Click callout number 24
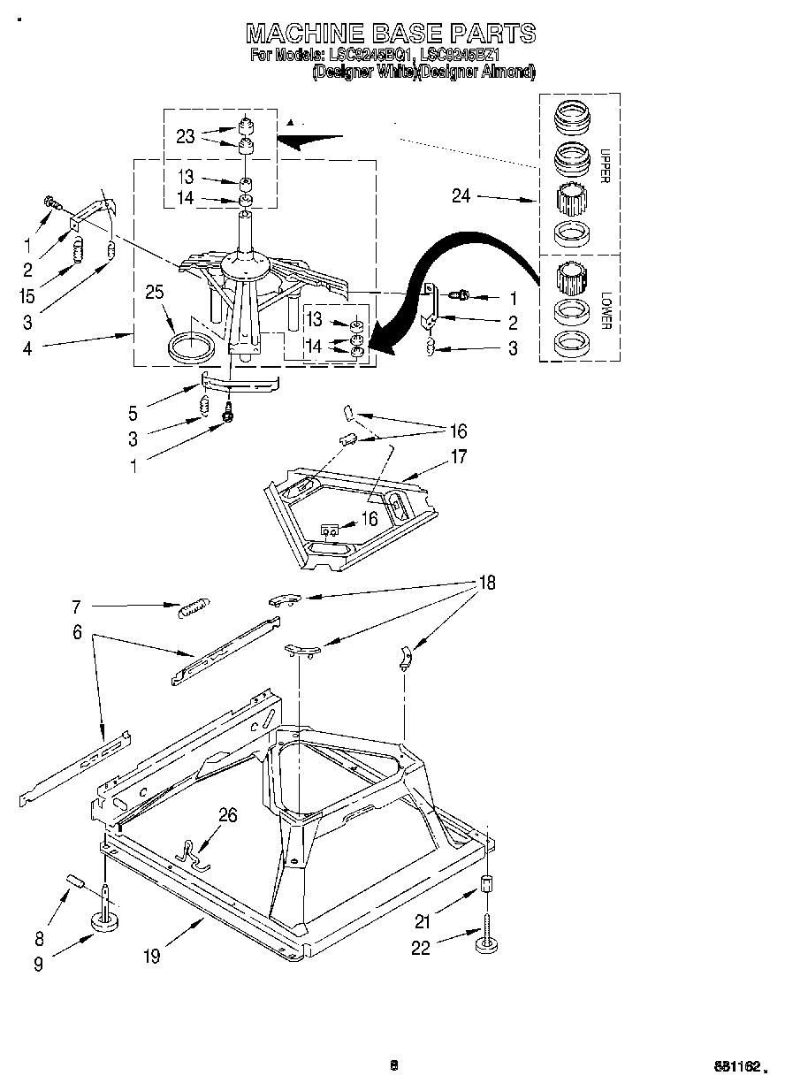pos(461,196)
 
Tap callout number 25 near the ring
pos(155,292)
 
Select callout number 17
pos(459,457)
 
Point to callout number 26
pos(227,815)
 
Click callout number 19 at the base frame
pos(152,956)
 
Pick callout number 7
pos(76,607)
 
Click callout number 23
pos(185,136)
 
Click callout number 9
pos(38,965)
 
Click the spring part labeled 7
pos(194,608)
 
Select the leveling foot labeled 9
pos(106,922)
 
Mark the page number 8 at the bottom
pos(394,1064)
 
